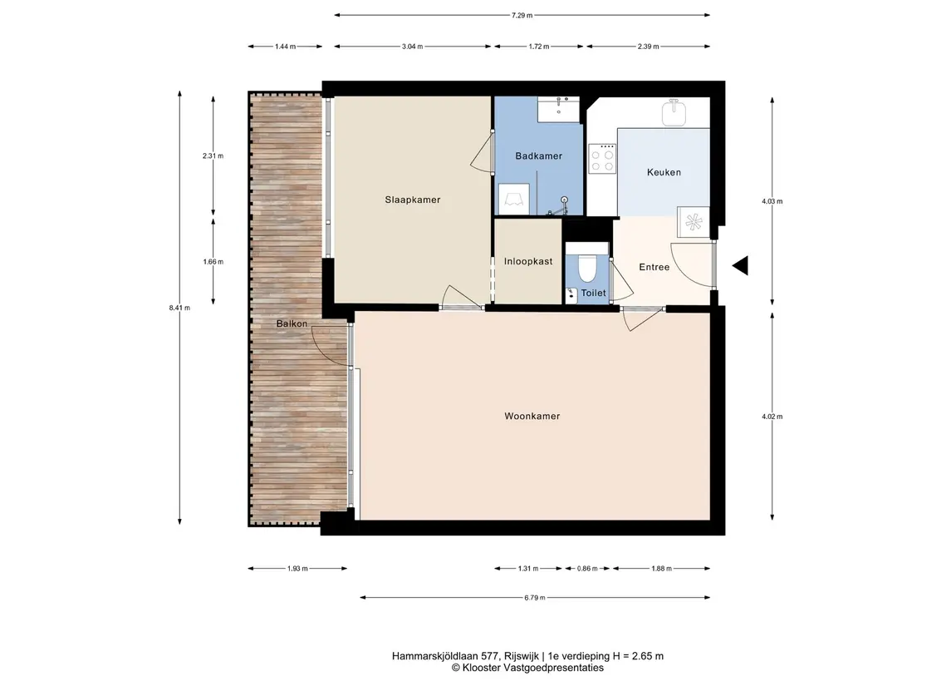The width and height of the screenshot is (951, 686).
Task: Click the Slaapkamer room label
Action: pyautogui.click(x=413, y=200)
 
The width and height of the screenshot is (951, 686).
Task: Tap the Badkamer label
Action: pyautogui.click(x=538, y=156)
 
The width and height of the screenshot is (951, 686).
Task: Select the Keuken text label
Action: pyautogui.click(x=664, y=172)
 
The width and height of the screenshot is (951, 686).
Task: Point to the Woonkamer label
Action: pyautogui.click(x=532, y=416)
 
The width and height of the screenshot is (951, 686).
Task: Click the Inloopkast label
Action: pyautogui.click(x=528, y=262)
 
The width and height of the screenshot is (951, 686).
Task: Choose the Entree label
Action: pyautogui.click(x=654, y=267)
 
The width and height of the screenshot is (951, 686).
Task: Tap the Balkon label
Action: pyautogui.click(x=292, y=323)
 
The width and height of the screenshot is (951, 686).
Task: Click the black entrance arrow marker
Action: pyautogui.click(x=741, y=266)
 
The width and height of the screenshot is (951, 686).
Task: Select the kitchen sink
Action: pyautogui.click(x=674, y=113)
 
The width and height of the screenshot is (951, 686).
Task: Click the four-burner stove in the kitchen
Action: pyautogui.click(x=602, y=159)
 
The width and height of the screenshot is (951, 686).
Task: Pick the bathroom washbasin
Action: pyautogui.click(x=559, y=109)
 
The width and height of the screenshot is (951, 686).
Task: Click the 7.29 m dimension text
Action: pyautogui.click(x=522, y=15)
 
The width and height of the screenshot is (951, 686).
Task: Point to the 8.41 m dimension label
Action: pyautogui.click(x=179, y=308)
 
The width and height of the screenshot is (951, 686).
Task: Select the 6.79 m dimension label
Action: pyautogui.click(x=534, y=597)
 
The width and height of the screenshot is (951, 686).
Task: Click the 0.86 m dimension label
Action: pyautogui.click(x=587, y=569)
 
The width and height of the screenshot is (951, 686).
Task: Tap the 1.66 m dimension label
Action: pyautogui.click(x=213, y=262)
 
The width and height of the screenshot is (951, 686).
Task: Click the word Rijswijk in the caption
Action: pyautogui.click(x=521, y=655)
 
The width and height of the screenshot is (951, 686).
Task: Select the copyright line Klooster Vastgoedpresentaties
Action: pyautogui.click(x=527, y=668)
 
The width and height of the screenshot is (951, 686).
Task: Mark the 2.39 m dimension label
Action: pyautogui.click(x=648, y=46)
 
